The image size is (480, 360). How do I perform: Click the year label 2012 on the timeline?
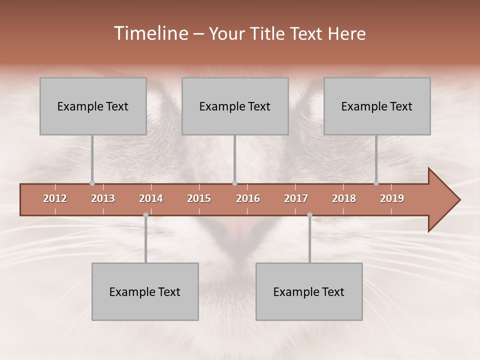click(55, 198)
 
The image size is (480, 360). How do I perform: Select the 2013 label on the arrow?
click(103, 198)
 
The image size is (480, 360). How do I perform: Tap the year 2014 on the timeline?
click(151, 198)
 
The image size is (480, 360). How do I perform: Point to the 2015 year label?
click(199, 198)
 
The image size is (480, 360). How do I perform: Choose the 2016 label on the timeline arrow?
click(248, 198)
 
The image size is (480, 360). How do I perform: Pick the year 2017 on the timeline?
click(296, 198)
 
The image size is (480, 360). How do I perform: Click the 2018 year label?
click(344, 198)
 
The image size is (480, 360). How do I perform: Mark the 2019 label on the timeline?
click(392, 198)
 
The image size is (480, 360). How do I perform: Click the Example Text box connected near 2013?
click(93, 106)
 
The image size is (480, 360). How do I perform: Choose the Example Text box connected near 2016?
click(235, 106)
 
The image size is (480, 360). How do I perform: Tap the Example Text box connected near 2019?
click(377, 106)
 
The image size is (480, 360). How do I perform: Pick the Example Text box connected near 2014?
click(145, 292)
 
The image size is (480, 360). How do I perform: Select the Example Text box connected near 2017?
click(309, 292)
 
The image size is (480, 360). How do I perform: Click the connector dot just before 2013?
click(92, 183)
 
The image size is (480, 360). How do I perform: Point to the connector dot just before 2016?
click(234, 183)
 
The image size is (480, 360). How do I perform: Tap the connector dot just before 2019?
click(376, 183)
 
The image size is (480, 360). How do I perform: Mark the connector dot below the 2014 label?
click(145, 215)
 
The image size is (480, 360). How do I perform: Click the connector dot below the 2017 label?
click(309, 215)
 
